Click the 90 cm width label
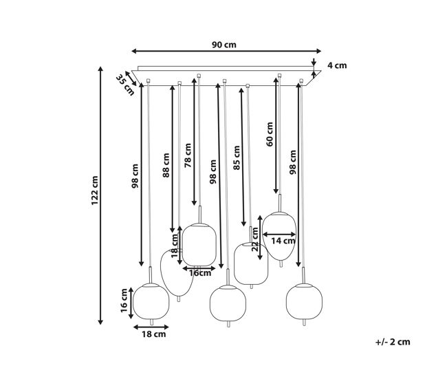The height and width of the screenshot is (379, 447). tap(224, 45)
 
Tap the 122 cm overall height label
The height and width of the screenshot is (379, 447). tap(95, 191)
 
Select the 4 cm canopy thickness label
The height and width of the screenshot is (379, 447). tap(337, 65)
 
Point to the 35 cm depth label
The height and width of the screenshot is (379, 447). tap(125, 85)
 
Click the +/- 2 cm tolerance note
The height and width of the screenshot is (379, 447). tap(393, 342)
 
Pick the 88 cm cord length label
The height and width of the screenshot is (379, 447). tap(166, 165)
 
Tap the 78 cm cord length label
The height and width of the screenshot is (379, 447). tap(188, 155)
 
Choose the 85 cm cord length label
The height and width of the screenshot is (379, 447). tap(237, 158)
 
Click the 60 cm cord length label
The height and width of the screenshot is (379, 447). tap(270, 134)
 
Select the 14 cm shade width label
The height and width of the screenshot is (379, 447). tap(283, 241)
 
